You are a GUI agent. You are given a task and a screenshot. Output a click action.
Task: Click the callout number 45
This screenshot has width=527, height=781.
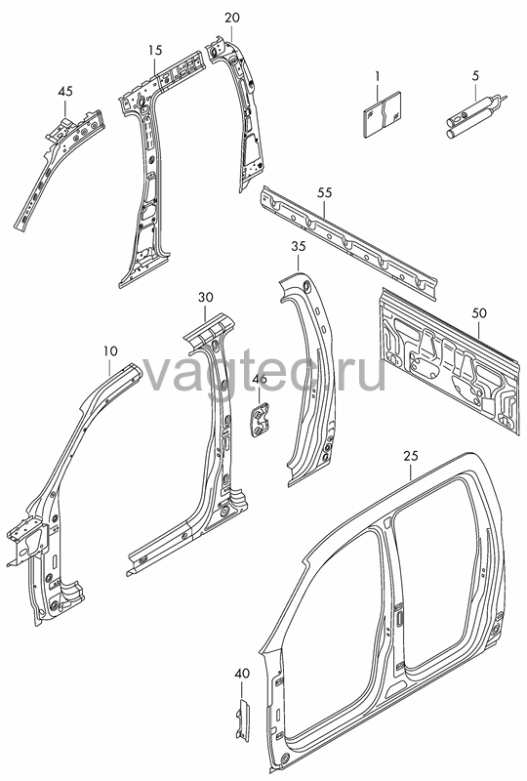[x=65, y=91]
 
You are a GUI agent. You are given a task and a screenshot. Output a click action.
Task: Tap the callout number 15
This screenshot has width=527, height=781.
[x=155, y=50]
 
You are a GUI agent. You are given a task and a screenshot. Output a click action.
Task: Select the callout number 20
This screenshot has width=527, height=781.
[x=231, y=18]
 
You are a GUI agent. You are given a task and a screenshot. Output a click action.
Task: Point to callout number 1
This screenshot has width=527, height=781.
[x=377, y=76]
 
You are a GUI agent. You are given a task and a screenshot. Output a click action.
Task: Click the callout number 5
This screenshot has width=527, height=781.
[x=474, y=76]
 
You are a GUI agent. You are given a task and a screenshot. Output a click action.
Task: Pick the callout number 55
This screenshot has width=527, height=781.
[x=324, y=192]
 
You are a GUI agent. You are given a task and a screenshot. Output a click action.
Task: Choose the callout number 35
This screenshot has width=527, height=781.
[x=299, y=247]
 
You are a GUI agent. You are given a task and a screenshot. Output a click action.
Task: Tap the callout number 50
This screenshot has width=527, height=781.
[x=479, y=313]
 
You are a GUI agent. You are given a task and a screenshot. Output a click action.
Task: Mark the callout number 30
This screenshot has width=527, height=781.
[x=205, y=298]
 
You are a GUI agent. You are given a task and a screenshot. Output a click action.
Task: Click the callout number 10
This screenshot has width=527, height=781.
[x=110, y=351]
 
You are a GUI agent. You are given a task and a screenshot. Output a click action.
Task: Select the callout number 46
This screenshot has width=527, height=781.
[x=260, y=379]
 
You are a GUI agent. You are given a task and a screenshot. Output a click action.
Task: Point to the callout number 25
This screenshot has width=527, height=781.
[x=411, y=456]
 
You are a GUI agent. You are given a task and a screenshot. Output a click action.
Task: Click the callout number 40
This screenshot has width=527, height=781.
[x=242, y=674]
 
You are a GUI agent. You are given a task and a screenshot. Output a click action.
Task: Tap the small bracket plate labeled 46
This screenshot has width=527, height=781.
[x=259, y=421]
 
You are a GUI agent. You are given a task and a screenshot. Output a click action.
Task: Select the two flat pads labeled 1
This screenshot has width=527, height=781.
[x=383, y=114]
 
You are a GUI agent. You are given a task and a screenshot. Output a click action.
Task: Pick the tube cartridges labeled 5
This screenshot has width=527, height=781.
[x=473, y=115]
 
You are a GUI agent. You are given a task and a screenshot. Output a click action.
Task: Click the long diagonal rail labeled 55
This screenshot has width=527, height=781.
[x=348, y=242]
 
